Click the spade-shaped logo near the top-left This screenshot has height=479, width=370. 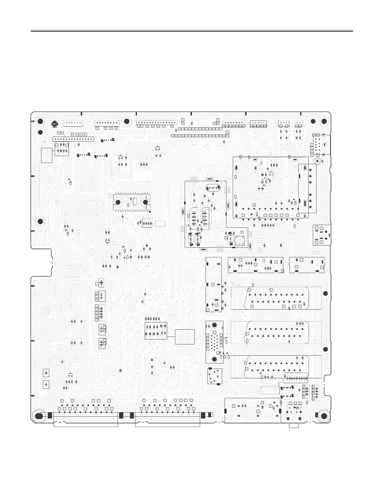click(54, 124)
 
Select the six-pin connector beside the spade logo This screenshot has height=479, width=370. click(73, 123)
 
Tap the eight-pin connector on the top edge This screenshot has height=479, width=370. click(107, 123)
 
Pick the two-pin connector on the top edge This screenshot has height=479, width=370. click(299, 123)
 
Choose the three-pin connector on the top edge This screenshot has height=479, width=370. click(284, 123)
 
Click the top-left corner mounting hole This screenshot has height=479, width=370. click(40, 122)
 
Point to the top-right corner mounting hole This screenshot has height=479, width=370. click(324, 122)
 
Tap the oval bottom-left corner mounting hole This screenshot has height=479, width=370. click(39, 416)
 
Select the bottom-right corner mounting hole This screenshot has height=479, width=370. click(324, 416)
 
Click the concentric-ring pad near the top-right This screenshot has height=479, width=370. click(317, 161)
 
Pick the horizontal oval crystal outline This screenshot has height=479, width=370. click(213, 188)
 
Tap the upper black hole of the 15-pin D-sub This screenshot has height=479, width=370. click(214, 325)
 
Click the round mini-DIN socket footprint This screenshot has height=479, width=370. click(214, 376)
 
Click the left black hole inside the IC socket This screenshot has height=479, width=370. click(118, 202)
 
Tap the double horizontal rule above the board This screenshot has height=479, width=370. click(192, 31)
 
